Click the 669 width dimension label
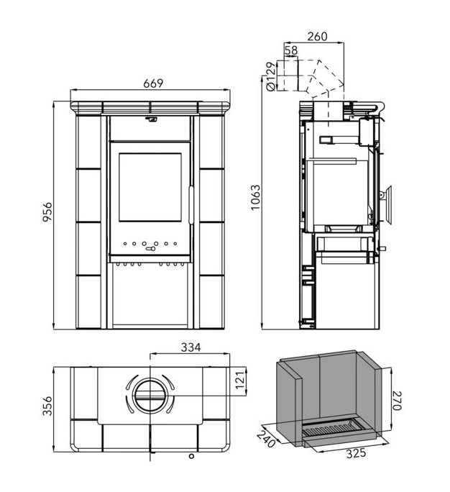(153, 83)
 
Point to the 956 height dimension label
(47, 212)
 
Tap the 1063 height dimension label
(256, 198)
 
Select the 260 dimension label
(317, 37)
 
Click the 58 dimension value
(291, 50)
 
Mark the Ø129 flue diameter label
(271, 76)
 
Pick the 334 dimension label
(191, 347)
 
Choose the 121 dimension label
(240, 380)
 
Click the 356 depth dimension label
(47, 406)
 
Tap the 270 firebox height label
(397, 401)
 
